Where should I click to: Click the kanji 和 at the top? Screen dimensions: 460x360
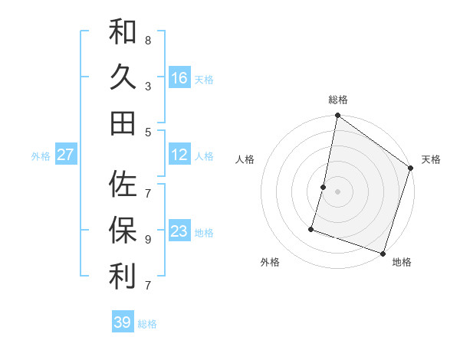pyautogui.click(x=123, y=32)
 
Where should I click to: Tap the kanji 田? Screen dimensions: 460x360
pyautogui.click(x=123, y=123)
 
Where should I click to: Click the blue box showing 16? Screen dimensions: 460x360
pyautogui.click(x=179, y=78)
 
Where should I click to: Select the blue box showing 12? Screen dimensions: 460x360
pyautogui.click(x=179, y=155)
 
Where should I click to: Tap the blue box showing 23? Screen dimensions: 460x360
pyautogui.click(x=179, y=231)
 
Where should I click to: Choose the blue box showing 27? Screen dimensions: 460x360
pyautogui.click(x=66, y=155)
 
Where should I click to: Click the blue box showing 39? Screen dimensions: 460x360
pyautogui.click(x=123, y=322)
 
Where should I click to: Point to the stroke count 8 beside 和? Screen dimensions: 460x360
pyautogui.click(x=147, y=40)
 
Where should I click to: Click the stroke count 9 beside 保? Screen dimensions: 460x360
pyautogui.click(x=147, y=238)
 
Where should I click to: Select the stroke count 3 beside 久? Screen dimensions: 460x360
pyautogui.click(x=147, y=86)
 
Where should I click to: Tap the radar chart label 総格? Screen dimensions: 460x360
pyautogui.click(x=337, y=100)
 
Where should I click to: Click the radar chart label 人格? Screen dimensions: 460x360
pyautogui.click(x=245, y=159)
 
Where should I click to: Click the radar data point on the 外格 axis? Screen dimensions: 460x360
pyautogui.click(x=312, y=228)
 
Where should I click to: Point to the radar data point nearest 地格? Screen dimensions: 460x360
pyautogui.click(x=383, y=253)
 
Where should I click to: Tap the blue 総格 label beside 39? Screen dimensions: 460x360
pyautogui.click(x=147, y=324)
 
